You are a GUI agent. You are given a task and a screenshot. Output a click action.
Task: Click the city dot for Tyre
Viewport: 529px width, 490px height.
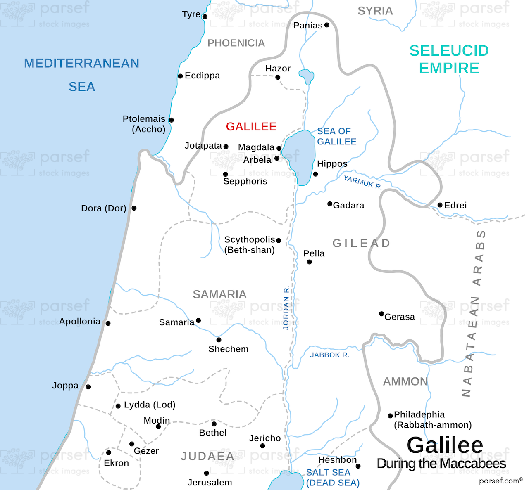pos(205,17)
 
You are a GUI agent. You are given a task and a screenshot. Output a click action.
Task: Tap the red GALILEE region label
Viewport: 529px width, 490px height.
pos(251,126)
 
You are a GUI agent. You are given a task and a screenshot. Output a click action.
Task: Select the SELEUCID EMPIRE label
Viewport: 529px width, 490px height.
pos(449,59)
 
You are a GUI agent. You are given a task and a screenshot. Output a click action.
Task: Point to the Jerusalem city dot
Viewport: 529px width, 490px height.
pos(206,473)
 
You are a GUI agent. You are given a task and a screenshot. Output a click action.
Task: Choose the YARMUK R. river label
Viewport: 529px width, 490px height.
pos(362,182)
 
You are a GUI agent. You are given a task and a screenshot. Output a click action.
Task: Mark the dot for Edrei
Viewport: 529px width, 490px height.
pos(440,205)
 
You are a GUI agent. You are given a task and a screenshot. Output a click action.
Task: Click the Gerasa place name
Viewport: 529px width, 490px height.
pos(399,317)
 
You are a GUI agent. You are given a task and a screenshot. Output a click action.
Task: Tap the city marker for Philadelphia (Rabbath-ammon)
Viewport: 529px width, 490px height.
pos(390,416)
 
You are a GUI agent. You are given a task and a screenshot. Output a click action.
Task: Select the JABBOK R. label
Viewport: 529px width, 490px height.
pos(329,355)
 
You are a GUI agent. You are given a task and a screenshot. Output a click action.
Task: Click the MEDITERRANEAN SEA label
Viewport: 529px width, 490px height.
pos(81,74)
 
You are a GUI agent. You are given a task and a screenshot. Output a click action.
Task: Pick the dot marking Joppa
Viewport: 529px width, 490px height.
pos(88,387)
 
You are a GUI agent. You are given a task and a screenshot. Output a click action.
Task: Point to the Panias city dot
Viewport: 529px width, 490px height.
pos(326,25)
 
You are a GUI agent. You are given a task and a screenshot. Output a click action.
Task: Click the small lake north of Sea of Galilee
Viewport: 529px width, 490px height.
pos(307,76)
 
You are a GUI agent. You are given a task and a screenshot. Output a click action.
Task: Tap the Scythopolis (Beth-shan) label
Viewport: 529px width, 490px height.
pos(249,244)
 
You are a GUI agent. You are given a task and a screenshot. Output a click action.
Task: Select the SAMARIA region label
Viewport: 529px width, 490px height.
pos(219,294)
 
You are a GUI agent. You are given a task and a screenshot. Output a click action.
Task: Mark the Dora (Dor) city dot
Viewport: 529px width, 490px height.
pos(134,208)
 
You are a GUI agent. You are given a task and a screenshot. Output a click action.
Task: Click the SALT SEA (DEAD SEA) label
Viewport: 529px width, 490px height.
pos(333,477)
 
